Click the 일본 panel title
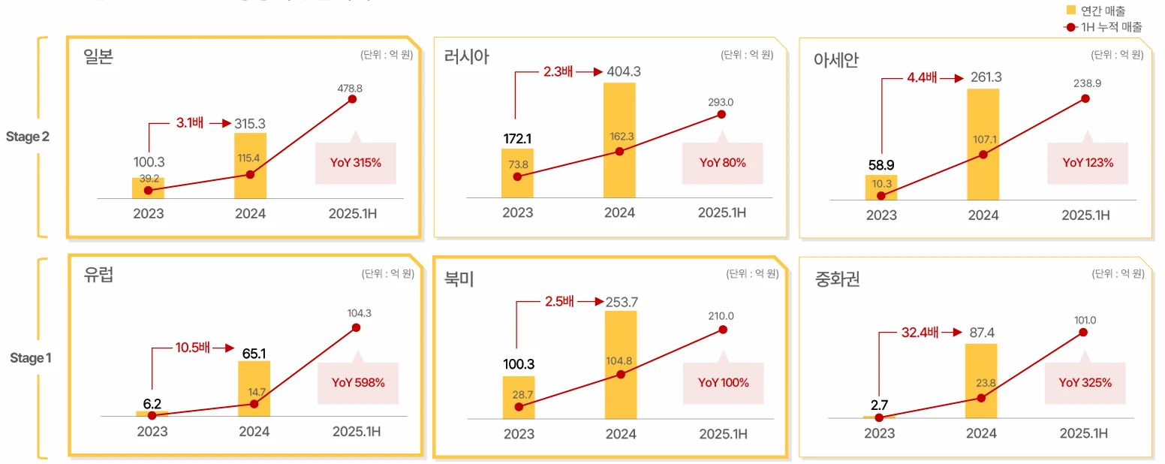99,57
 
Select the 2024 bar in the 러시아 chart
619,140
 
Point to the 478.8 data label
350,88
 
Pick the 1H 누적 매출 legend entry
1104,27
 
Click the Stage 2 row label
28,137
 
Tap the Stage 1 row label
31,358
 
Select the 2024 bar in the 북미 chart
621,364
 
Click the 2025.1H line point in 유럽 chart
356,327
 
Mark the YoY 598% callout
358,383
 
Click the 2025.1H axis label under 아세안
1085,215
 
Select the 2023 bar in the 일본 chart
148,188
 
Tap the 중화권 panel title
837,280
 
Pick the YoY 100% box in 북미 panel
723,383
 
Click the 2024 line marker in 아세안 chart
983,155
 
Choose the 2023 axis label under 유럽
152,432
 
